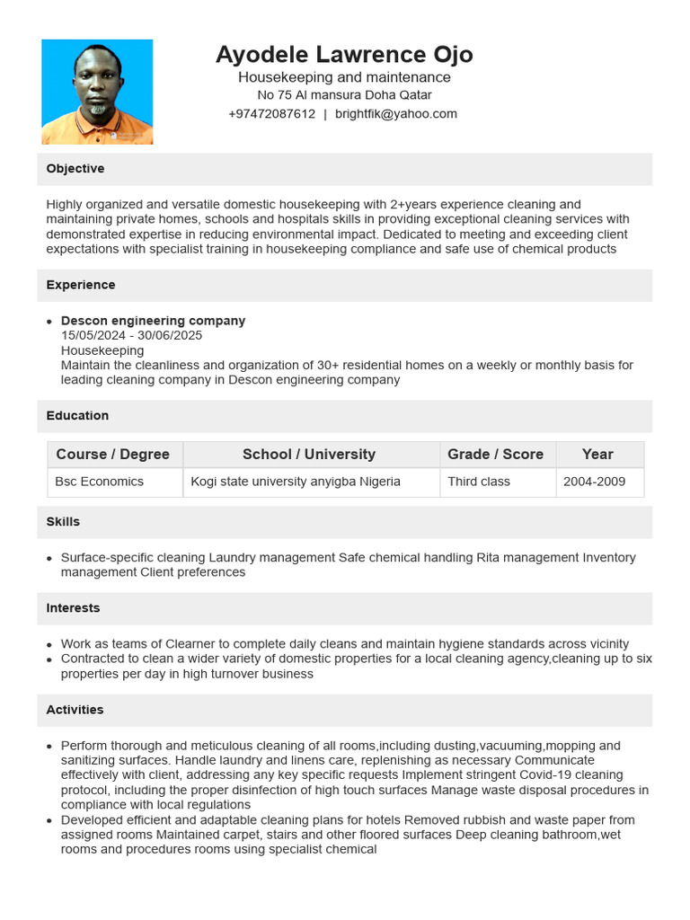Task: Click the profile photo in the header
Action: click(97, 92)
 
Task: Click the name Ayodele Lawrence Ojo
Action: click(344, 55)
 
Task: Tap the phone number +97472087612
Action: click(271, 114)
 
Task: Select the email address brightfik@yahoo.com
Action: click(396, 114)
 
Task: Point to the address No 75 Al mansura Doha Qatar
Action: click(344, 95)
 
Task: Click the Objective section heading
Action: click(75, 169)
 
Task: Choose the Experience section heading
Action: click(81, 285)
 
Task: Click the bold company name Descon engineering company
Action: click(153, 321)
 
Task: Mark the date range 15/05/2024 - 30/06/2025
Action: click(131, 335)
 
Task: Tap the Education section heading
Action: click(77, 416)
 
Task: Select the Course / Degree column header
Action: click(113, 455)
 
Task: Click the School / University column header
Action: click(309, 455)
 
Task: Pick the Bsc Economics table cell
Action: click(100, 482)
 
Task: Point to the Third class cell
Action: click(479, 482)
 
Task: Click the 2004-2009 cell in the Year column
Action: click(594, 482)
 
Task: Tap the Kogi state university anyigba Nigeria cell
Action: click(296, 482)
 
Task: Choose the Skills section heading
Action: click(63, 522)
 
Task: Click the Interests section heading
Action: click(73, 608)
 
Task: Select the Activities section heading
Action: click(75, 710)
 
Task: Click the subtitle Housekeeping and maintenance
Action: click(344, 77)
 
